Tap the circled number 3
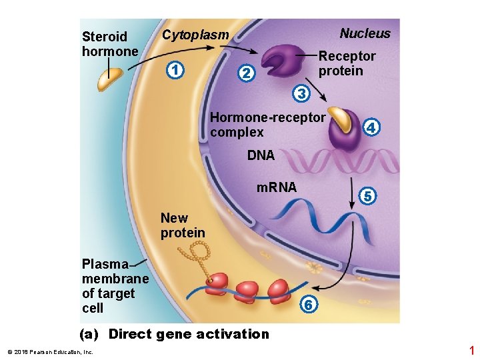point(301,94)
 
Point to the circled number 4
point(372,126)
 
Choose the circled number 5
point(367,195)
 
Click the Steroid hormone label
point(109,43)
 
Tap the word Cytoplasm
point(195,35)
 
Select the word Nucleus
point(365,33)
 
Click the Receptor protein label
point(346,63)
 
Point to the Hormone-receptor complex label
point(267,125)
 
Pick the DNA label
point(261,155)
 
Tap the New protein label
point(182,225)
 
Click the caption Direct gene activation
point(175,334)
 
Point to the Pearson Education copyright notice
point(50,351)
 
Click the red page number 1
point(471,350)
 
